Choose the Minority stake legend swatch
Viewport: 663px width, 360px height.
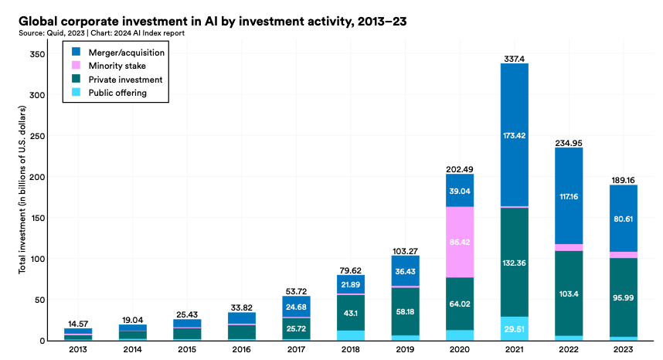tap(76, 66)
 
